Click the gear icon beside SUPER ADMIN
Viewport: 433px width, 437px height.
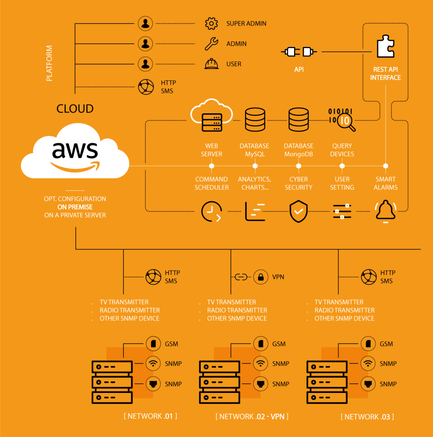211,23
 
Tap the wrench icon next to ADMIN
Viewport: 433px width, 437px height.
211,44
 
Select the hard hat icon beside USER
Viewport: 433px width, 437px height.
211,64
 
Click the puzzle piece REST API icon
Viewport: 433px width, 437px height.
385,46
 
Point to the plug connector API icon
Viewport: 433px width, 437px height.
299,52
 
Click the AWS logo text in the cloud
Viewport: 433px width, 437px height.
75,150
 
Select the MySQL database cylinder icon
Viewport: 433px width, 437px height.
255,120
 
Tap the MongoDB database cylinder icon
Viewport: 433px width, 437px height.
298,120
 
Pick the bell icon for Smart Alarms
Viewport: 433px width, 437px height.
385,211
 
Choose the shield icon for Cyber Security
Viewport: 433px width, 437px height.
298,211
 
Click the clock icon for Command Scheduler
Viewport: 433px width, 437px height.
211,211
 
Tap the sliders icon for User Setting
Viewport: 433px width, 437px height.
342,211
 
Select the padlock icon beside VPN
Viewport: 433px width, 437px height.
261,277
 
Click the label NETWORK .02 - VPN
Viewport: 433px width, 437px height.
252,416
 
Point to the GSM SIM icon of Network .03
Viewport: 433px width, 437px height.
368,343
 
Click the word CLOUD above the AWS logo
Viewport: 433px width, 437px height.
75,109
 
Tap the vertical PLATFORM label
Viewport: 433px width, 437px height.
49,63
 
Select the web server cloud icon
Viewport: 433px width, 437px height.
211,115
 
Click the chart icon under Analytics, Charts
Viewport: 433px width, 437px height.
255,211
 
